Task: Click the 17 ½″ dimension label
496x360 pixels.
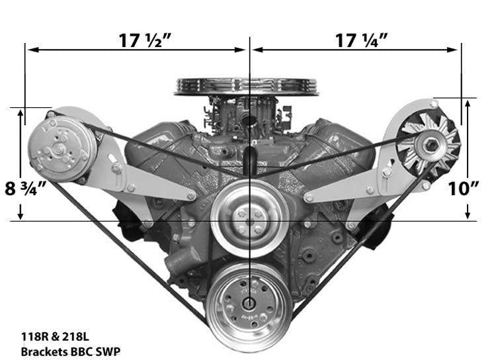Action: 144,40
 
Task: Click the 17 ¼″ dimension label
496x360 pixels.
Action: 360,40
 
